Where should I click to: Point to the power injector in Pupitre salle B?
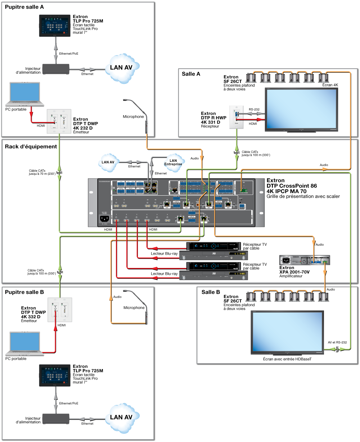tap(55, 419)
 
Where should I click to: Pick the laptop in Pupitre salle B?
tap(24, 344)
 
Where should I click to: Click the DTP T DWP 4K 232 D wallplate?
tap(59, 122)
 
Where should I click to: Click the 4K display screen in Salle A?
tap(302, 109)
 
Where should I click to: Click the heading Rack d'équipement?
tap(31, 146)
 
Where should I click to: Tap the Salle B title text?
tap(211, 292)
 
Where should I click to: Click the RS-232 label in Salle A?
tap(254, 109)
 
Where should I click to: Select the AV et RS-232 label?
tap(337, 342)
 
